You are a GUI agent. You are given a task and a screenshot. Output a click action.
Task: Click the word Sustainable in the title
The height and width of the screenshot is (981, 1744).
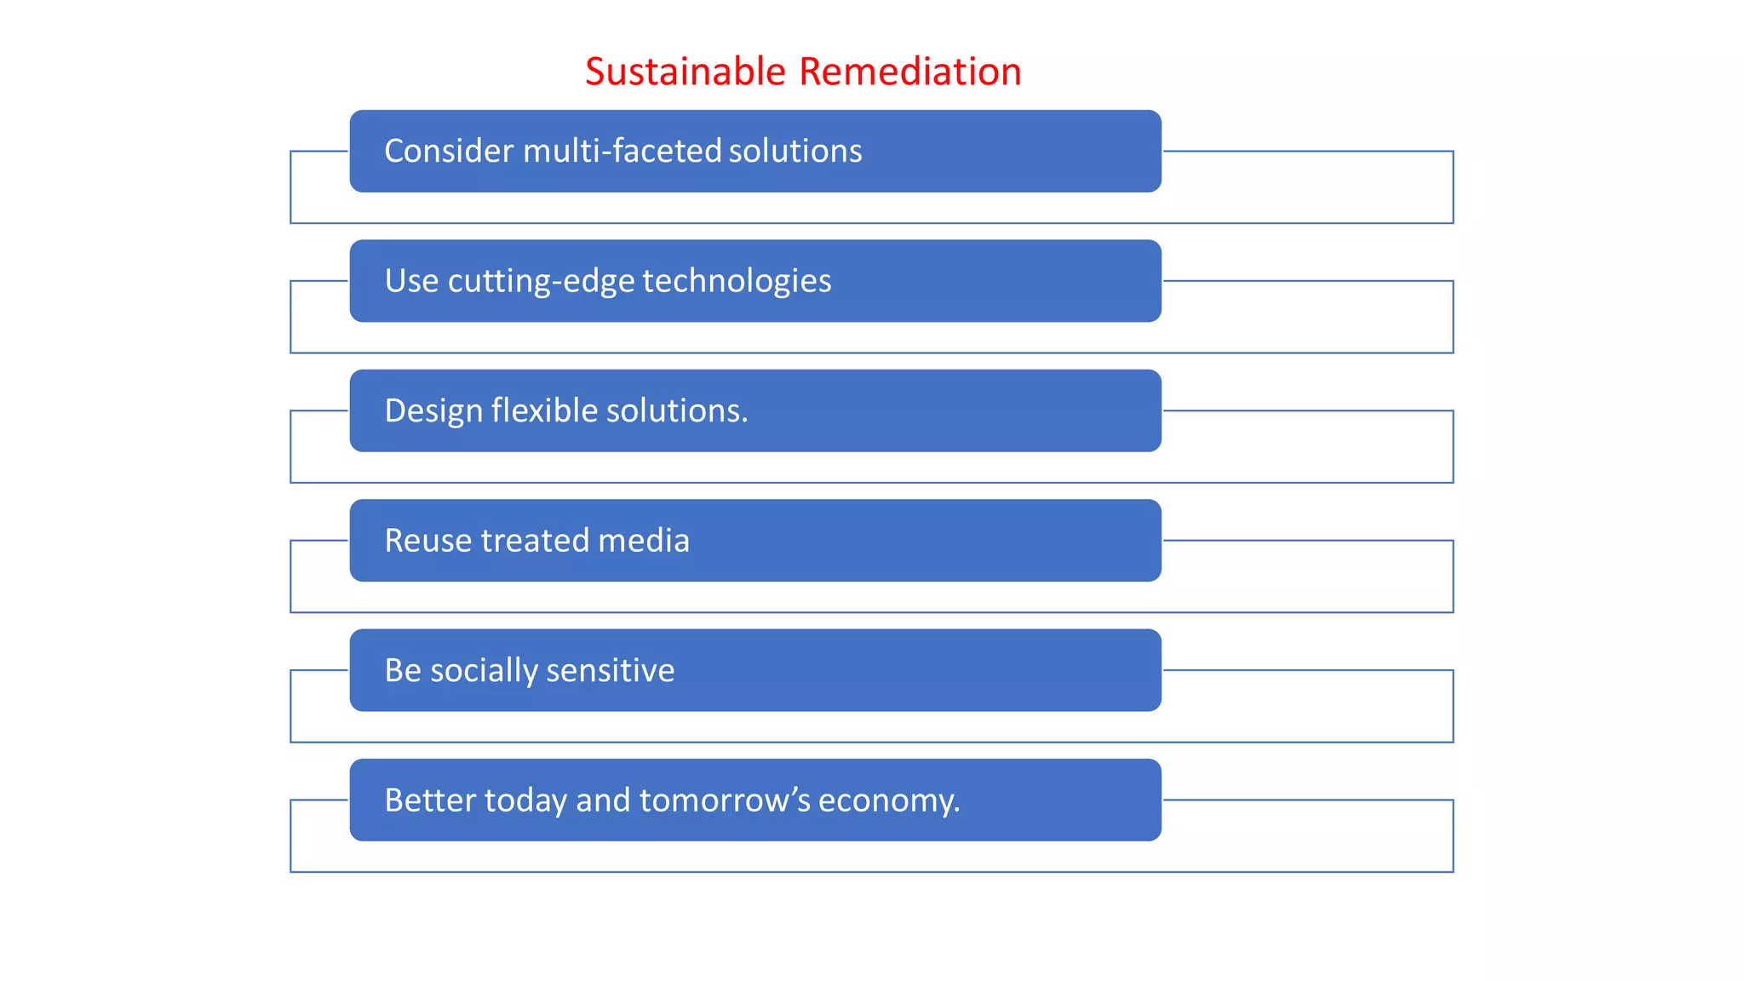pyautogui.click(x=685, y=72)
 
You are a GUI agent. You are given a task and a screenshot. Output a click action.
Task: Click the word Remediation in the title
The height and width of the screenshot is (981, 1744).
pyautogui.click(x=910, y=72)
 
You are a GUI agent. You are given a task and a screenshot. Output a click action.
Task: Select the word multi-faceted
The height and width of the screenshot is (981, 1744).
pyautogui.click(x=622, y=151)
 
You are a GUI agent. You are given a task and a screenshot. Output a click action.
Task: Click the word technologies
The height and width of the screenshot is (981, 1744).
pyautogui.click(x=737, y=281)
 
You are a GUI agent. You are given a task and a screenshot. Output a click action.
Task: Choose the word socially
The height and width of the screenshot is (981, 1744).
pyautogui.click(x=484, y=671)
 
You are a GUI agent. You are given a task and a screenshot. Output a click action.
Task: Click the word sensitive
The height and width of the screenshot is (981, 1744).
pyautogui.click(x=610, y=670)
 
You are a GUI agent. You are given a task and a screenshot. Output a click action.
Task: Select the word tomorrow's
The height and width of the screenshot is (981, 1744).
pyautogui.click(x=725, y=800)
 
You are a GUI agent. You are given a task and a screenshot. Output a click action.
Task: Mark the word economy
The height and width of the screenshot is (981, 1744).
pyautogui.click(x=888, y=801)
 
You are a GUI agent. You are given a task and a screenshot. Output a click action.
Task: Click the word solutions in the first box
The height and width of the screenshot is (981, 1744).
pyautogui.click(x=795, y=151)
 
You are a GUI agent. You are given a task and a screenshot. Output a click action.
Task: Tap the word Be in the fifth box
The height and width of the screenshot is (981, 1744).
pyautogui.click(x=403, y=670)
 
